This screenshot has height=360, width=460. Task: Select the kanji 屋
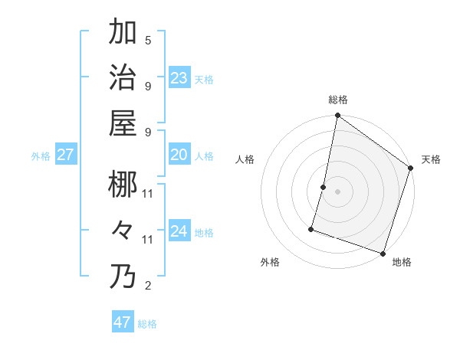point(123,123)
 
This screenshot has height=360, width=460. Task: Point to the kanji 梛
point(123,184)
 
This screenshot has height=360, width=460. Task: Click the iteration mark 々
point(123,230)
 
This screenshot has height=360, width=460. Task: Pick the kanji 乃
point(123,276)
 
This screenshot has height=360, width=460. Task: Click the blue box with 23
point(179,77)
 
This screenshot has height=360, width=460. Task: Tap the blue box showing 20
point(179,155)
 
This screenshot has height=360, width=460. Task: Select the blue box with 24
point(179,231)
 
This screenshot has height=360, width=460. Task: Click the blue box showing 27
point(65,155)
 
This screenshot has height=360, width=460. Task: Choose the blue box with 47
point(122,322)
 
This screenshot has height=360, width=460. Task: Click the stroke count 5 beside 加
point(148,41)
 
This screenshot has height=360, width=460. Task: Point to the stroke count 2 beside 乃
point(148,286)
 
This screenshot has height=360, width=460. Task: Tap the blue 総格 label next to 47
point(147,324)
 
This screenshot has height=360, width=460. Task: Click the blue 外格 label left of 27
point(41,156)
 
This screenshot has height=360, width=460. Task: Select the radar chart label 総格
point(338,100)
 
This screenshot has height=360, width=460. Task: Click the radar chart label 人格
point(245,159)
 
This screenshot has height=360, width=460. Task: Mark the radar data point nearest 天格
point(411,169)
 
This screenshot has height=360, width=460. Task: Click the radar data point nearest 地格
point(383,253)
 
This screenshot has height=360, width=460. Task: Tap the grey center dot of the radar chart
point(338,191)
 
